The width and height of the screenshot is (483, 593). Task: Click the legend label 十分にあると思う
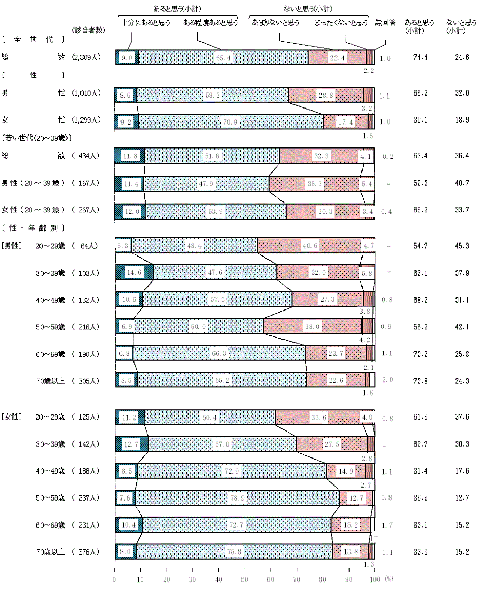[x=146, y=23]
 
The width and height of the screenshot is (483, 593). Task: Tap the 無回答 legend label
[x=385, y=23]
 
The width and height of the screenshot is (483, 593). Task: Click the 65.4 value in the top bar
[x=225, y=58]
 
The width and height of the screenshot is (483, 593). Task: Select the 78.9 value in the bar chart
[x=237, y=498]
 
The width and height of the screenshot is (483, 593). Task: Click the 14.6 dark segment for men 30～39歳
[x=127, y=273]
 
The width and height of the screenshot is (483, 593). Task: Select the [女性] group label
[x=11, y=416]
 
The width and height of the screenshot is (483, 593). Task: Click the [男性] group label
[x=11, y=245]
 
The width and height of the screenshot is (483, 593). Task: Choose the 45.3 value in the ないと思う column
[x=458, y=245]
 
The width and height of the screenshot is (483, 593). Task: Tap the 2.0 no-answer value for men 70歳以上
[x=387, y=380]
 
